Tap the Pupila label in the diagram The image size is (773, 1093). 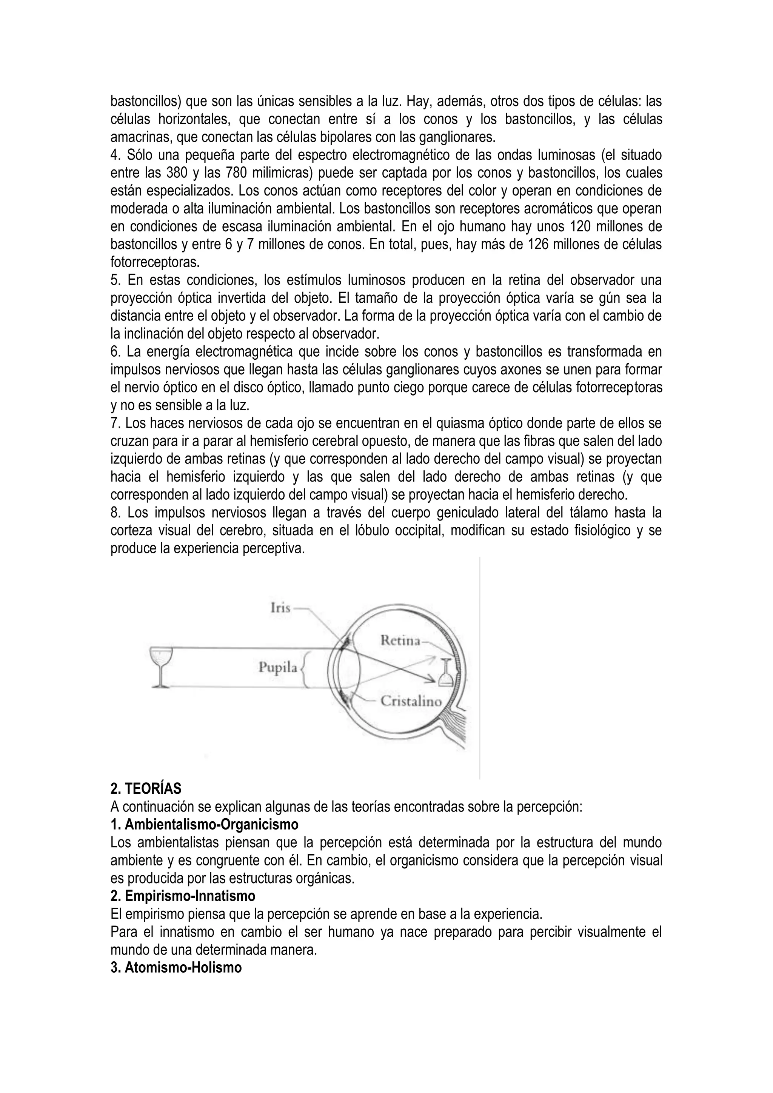[278, 667]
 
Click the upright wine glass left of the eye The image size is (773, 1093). [160, 667]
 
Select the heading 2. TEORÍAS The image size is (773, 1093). [146, 789]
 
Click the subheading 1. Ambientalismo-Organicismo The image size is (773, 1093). [204, 824]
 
